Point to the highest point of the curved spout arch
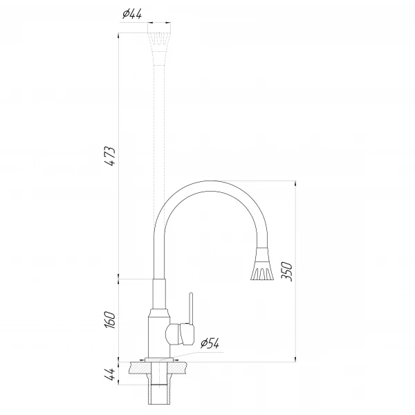207,182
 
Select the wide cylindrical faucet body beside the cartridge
156,335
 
